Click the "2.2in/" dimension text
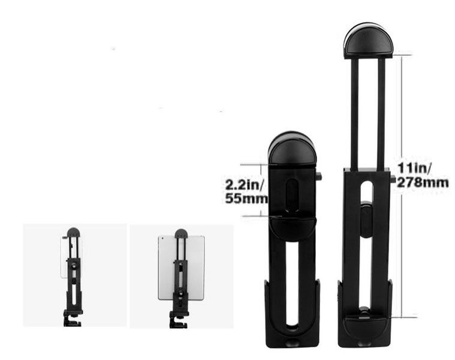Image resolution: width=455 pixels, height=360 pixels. (x=245, y=184)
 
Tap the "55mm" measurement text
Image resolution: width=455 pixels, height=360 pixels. (x=246, y=198)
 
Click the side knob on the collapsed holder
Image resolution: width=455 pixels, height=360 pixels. (x=318, y=176)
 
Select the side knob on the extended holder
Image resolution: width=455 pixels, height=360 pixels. (x=393, y=179)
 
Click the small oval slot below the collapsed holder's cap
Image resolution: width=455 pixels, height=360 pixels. (x=292, y=195)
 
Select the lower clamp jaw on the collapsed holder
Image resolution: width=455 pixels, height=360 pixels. (x=292, y=228)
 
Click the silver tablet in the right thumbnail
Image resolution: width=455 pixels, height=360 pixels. (x=168, y=267)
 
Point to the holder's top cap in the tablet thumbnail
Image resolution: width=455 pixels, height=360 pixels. (x=181, y=233)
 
